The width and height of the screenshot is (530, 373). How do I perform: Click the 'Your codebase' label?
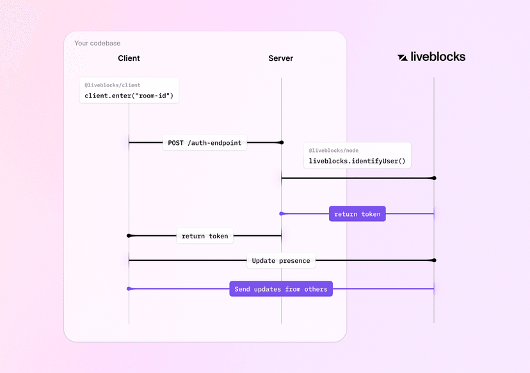pyautogui.click(x=97, y=44)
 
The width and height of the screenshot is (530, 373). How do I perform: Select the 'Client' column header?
pyautogui.click(x=129, y=58)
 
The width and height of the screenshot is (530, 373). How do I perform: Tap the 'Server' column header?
pyautogui.click(x=281, y=58)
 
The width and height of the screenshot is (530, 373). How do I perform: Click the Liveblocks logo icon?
pyautogui.click(x=403, y=57)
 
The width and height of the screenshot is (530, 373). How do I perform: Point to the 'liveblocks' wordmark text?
pyautogui.click(x=438, y=56)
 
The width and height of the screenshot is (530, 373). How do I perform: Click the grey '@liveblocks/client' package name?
pyautogui.click(x=113, y=85)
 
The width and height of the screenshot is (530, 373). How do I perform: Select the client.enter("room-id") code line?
pyautogui.click(x=129, y=96)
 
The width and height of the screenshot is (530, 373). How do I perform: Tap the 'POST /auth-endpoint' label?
pyautogui.click(x=205, y=143)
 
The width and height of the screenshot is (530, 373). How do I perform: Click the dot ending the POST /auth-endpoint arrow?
pyautogui.click(x=282, y=142)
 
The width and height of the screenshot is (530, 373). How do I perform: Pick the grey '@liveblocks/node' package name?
pyautogui.click(x=333, y=151)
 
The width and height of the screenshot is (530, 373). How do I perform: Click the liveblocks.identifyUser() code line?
pyautogui.click(x=357, y=161)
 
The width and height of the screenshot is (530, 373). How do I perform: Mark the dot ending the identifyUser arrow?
pyautogui.click(x=434, y=178)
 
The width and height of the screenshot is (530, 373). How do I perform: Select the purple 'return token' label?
pyautogui.click(x=357, y=214)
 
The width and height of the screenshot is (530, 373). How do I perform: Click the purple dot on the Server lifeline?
pyautogui.click(x=282, y=213)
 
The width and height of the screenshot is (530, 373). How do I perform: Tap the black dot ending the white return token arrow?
pyautogui.click(x=129, y=236)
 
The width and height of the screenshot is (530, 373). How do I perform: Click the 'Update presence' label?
pyautogui.click(x=280, y=261)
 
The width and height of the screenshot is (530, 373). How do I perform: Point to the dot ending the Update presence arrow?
pyautogui.click(x=434, y=260)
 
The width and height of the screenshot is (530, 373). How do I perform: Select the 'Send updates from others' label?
pyautogui.click(x=280, y=289)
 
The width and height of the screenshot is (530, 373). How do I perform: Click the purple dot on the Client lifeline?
pyautogui.click(x=129, y=289)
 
